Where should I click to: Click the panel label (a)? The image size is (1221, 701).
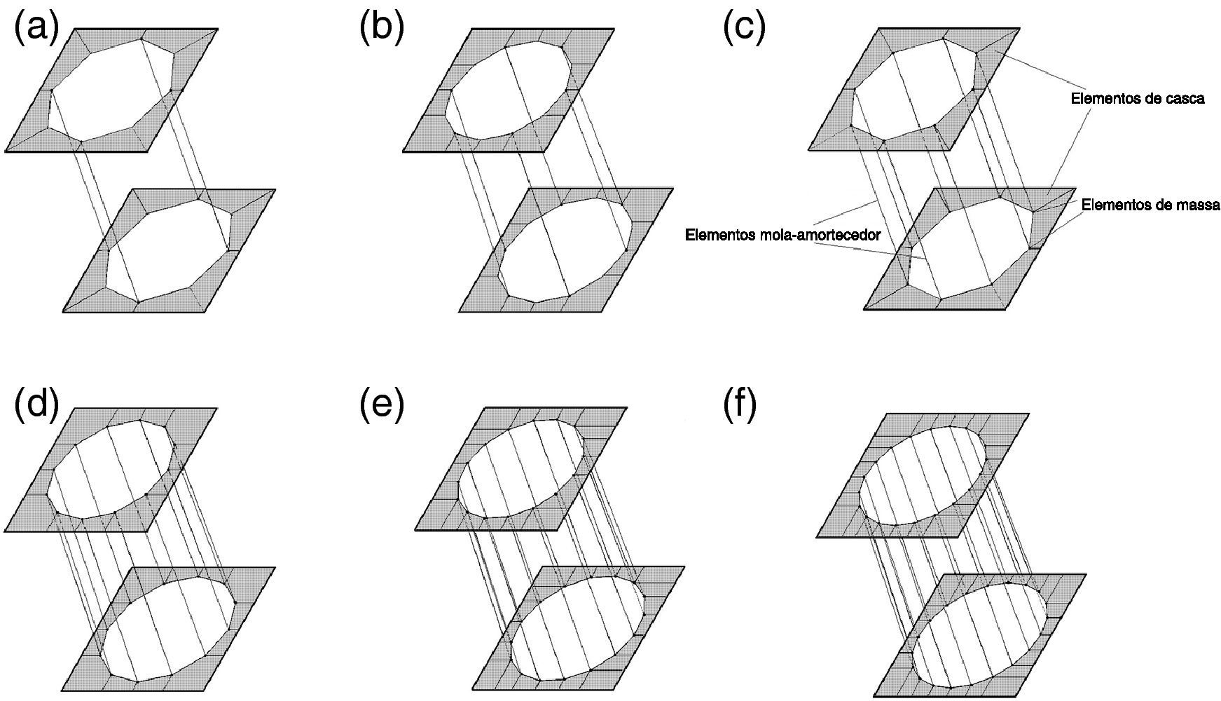coord(36,29)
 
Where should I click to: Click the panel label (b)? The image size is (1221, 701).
coord(382,29)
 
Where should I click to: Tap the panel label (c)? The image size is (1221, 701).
coord(744,29)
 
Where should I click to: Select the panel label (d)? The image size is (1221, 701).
coord(36,404)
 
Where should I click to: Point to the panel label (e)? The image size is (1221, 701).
coord(382,404)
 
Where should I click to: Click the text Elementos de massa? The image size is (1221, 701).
coord(1151,205)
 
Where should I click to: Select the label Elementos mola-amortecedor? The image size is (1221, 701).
coord(782,235)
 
